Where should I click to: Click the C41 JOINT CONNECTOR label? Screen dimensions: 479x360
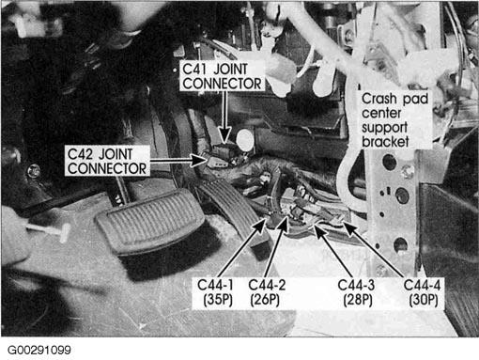(x=222, y=76)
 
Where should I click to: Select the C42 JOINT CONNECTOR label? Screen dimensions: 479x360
(x=107, y=161)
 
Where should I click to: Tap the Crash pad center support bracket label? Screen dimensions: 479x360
(x=394, y=120)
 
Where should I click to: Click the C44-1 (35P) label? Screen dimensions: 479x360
(x=216, y=292)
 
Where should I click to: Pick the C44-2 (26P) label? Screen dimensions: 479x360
(x=267, y=292)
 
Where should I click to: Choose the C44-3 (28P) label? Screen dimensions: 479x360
(x=356, y=292)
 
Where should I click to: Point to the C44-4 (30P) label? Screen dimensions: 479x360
(x=422, y=292)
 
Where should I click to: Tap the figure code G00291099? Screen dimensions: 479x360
(x=39, y=350)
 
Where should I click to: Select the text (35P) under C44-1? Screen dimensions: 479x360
(x=218, y=300)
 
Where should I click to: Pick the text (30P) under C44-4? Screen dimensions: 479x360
(x=424, y=300)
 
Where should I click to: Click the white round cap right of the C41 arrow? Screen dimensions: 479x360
(x=244, y=139)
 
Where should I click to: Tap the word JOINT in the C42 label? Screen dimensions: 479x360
(x=116, y=154)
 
